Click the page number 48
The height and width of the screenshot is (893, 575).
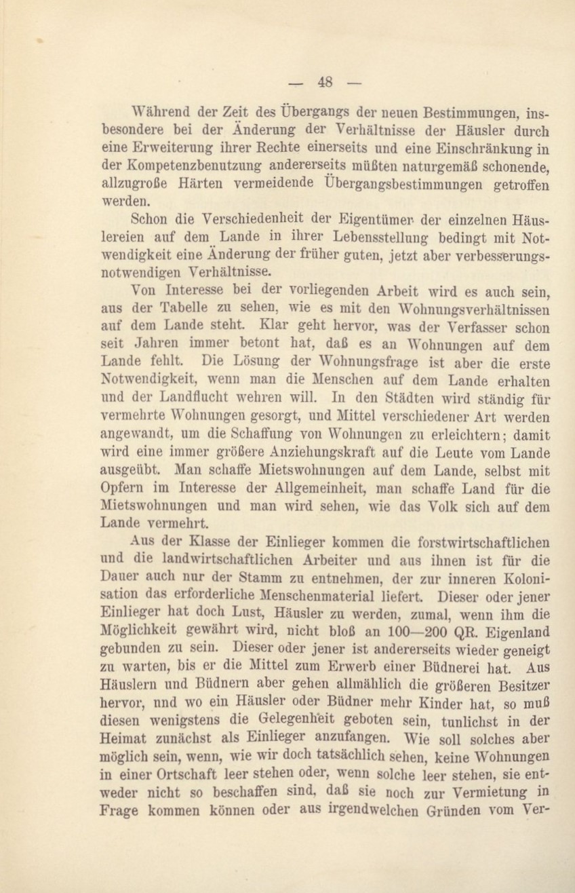[325, 82]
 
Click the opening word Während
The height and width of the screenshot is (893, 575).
[161, 111]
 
